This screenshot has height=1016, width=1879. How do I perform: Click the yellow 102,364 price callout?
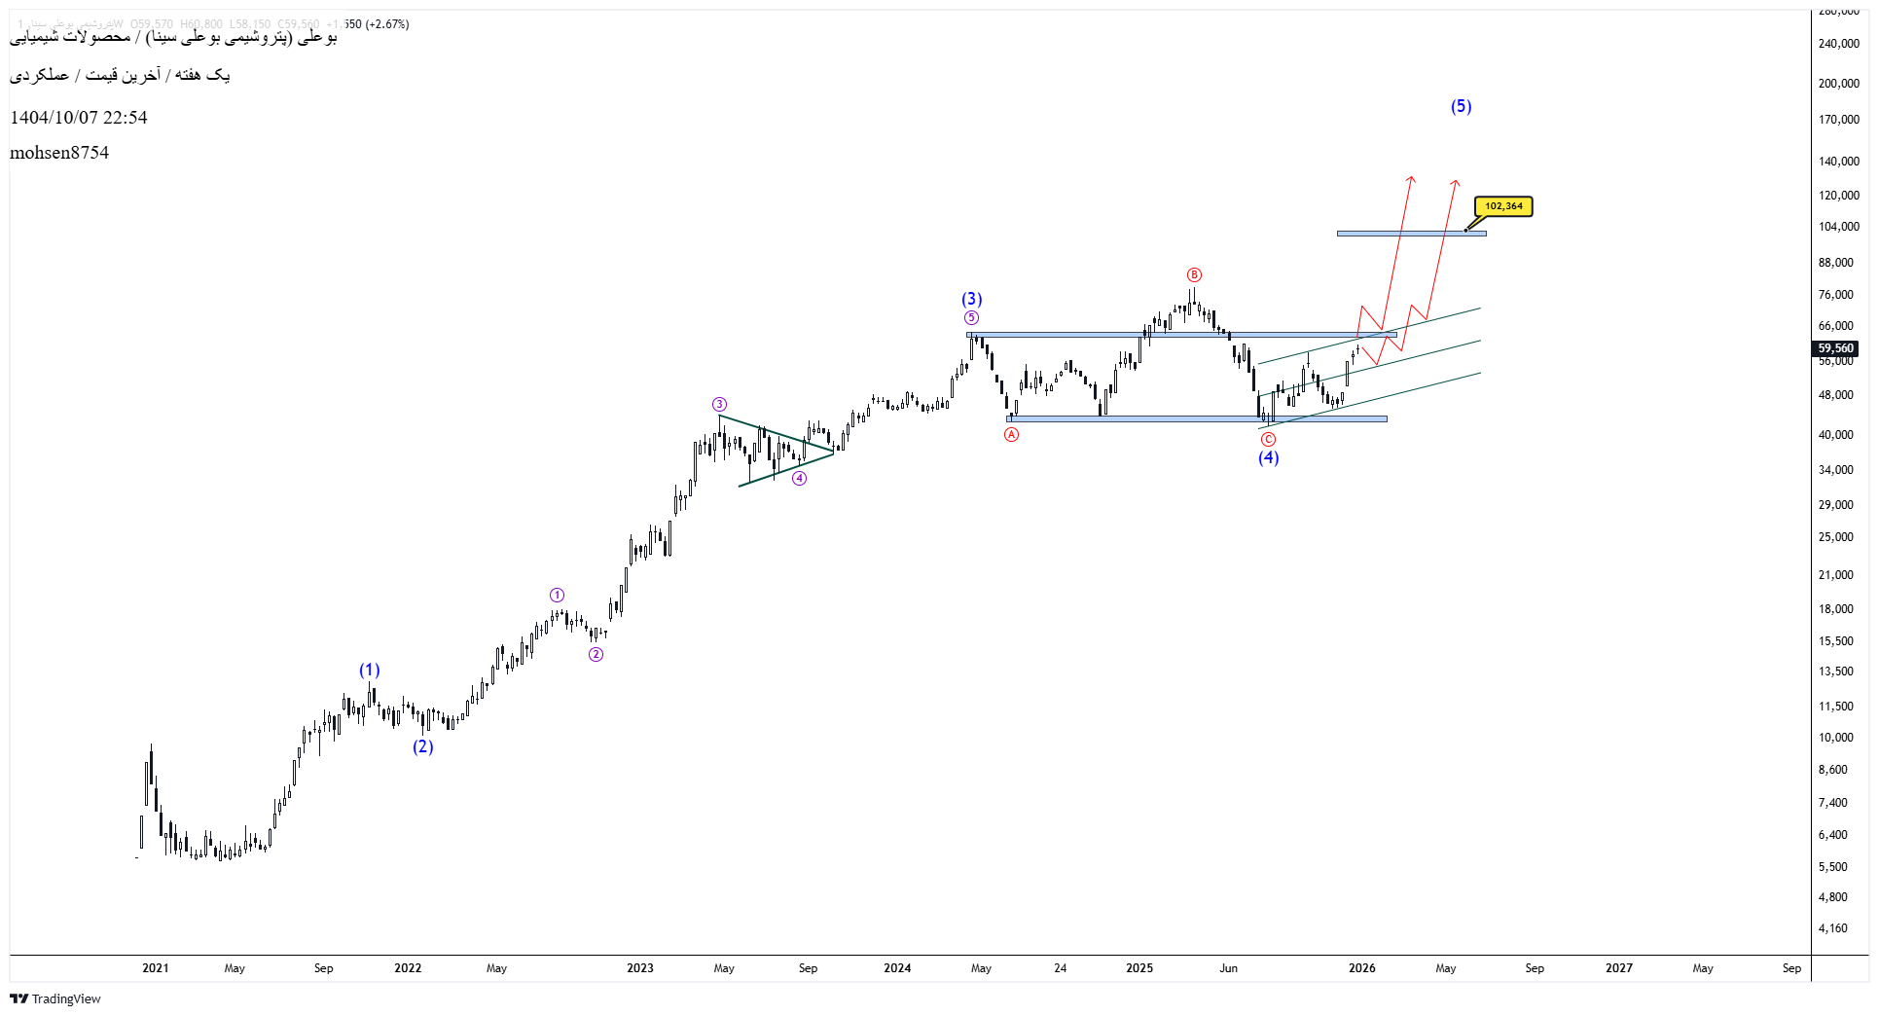pos(1503,206)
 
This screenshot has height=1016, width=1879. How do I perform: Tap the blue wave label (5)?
pos(1461,106)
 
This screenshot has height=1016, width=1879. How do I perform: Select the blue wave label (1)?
pos(370,670)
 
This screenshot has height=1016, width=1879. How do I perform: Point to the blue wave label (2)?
pos(422,746)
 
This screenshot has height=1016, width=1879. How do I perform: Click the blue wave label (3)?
pos(972,299)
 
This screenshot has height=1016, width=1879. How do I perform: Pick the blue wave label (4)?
pos(1268,457)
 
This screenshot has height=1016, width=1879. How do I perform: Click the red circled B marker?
pos(1194,275)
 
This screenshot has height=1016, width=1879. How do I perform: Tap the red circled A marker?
pos(1012,435)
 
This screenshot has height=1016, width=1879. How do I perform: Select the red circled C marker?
pos(1268,440)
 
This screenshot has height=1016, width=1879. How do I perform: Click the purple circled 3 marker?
pos(719,405)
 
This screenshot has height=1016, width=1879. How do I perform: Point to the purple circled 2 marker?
pos(596,654)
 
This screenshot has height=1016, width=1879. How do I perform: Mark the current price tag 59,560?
pos(1835,348)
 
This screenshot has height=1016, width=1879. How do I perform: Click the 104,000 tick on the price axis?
pos(1838,227)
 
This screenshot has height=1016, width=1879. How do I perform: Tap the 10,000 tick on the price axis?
pos(1835,738)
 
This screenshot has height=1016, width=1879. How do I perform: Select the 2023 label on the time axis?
pos(640,968)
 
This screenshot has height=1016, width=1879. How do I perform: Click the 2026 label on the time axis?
pos(1361,968)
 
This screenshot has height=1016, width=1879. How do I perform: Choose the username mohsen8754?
pos(59,153)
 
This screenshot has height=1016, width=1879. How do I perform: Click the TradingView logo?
pos(55,998)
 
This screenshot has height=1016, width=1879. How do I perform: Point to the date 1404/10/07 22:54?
pos(79,118)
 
